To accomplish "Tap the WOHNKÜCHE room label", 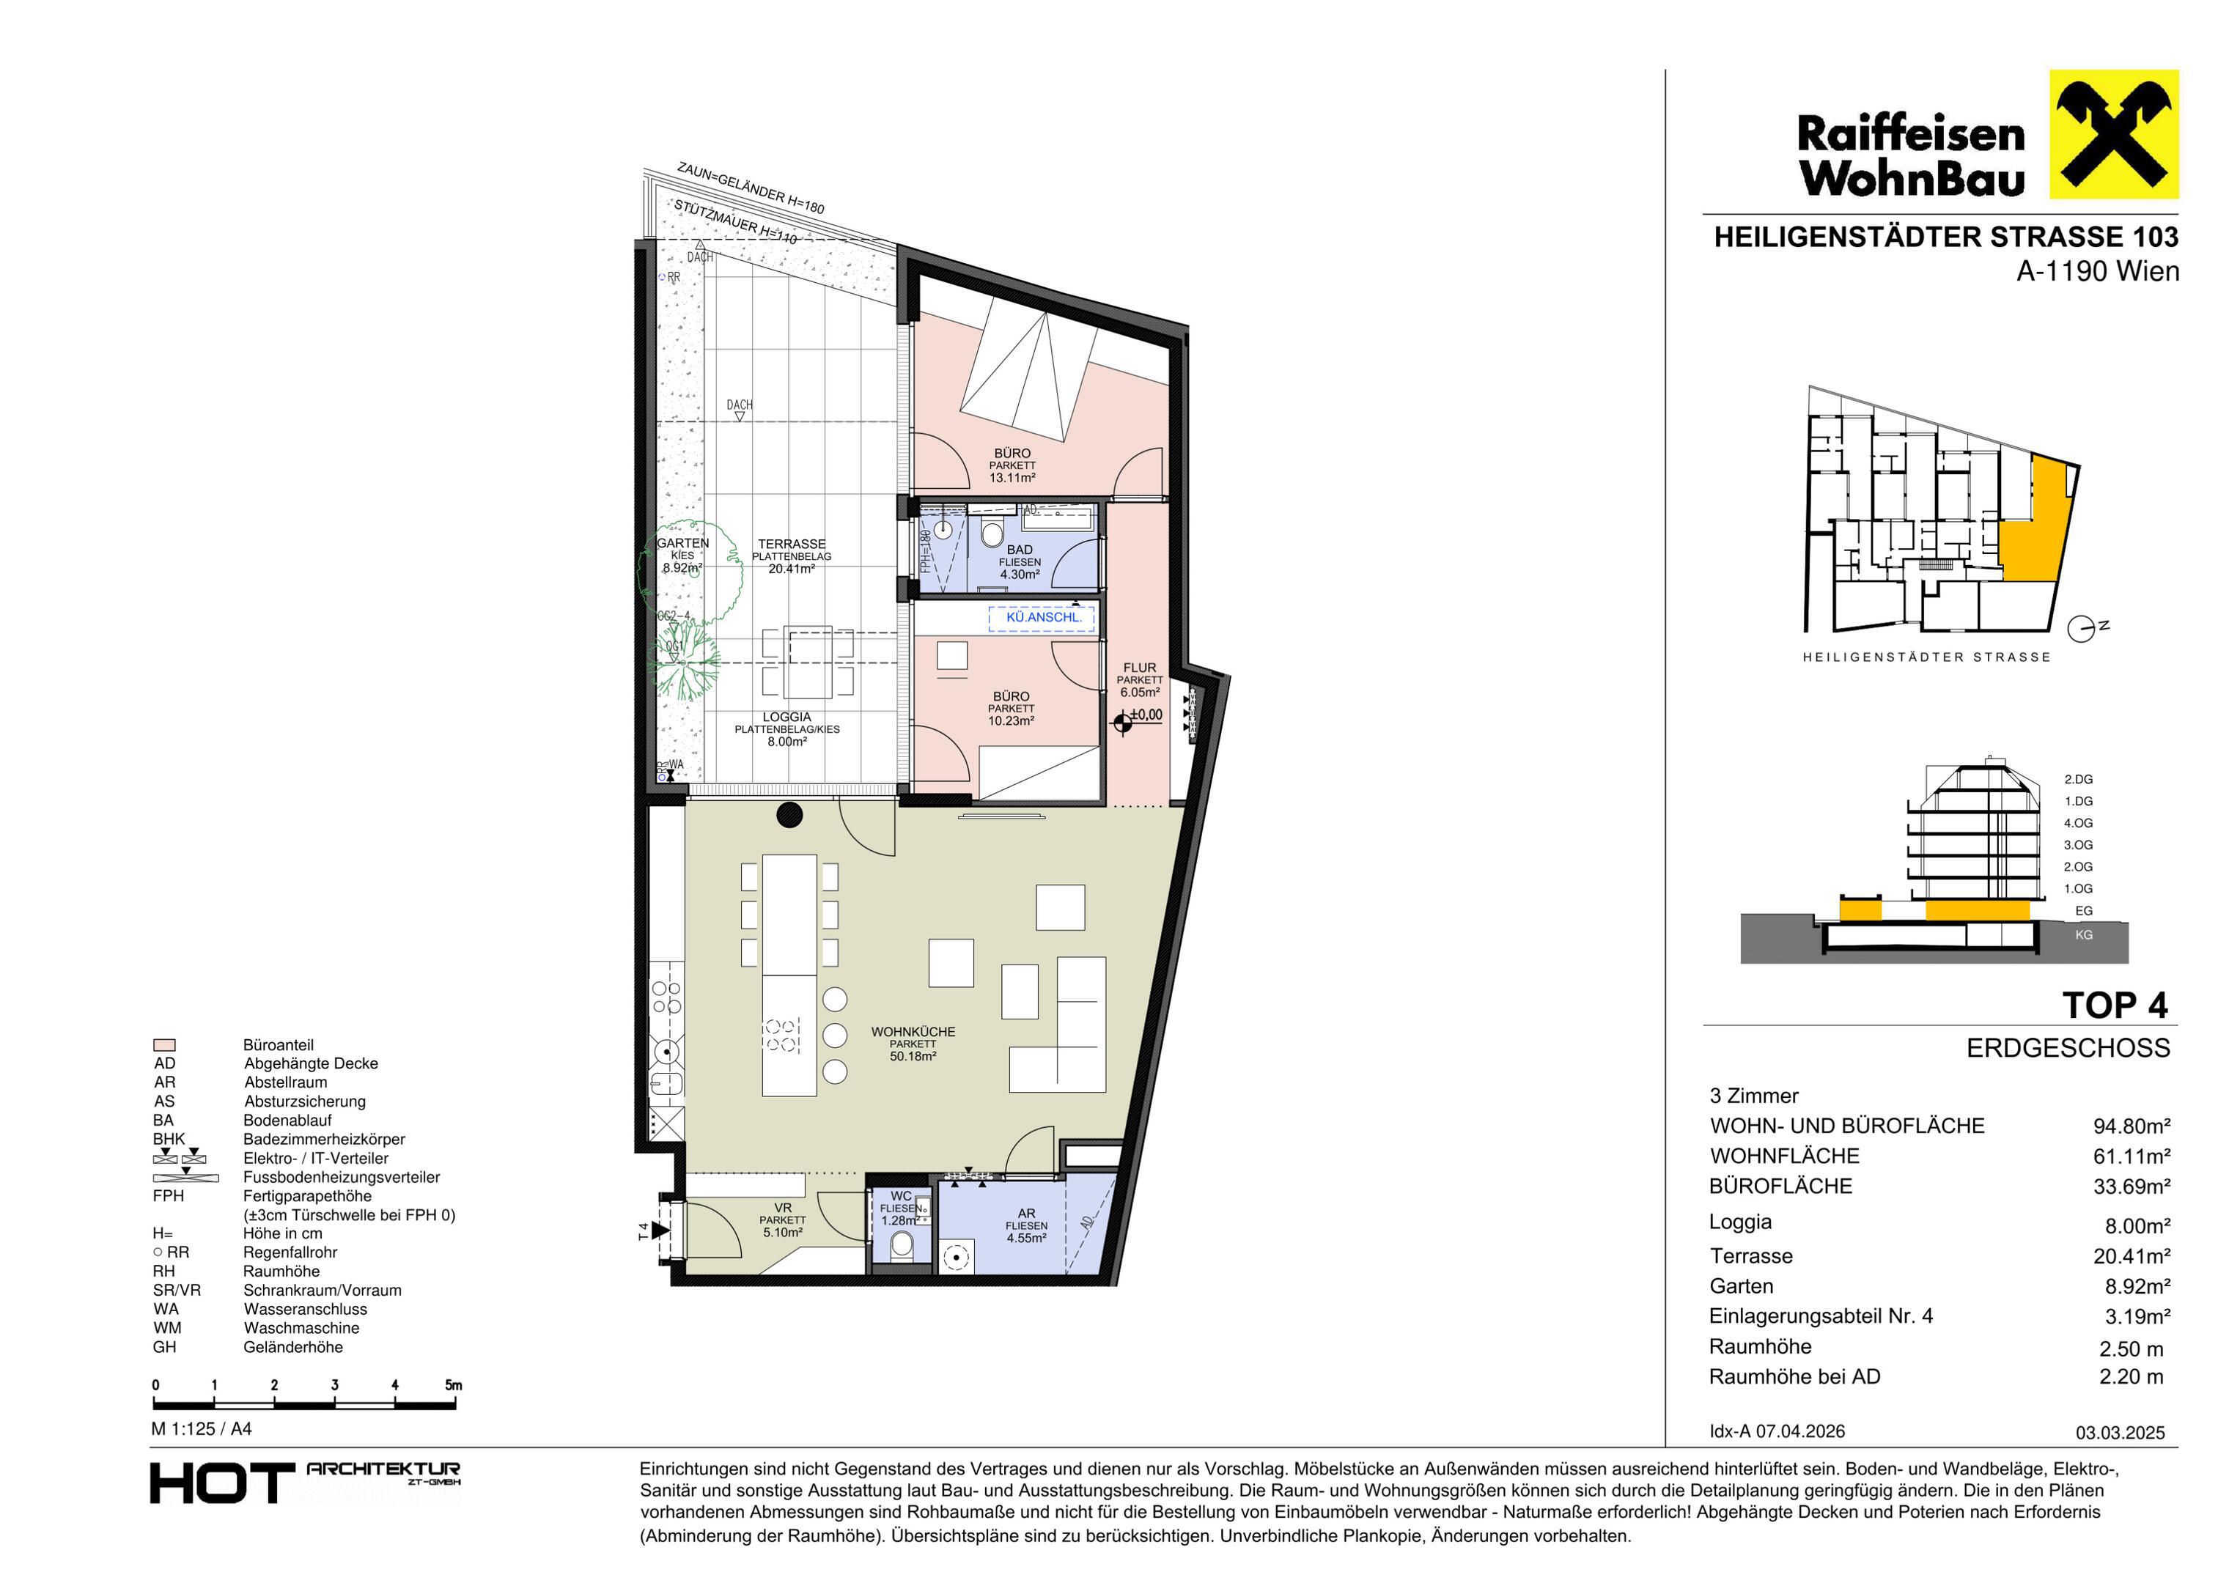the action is click(x=913, y=1032).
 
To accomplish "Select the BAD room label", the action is click(x=1020, y=550).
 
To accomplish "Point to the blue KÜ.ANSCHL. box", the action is click(x=1042, y=617).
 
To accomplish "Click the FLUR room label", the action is click(x=1140, y=668).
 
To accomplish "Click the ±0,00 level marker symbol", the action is click(x=1123, y=722).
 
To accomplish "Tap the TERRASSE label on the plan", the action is click(x=792, y=545).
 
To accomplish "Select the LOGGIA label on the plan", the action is click(x=787, y=717).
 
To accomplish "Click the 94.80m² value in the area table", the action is click(x=2132, y=1126).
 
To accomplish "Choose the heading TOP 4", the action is click(x=2115, y=1005).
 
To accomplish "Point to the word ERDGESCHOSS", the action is click(x=2068, y=1049).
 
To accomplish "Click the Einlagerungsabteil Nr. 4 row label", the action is click(x=1821, y=1317).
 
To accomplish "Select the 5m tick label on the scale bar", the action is click(x=454, y=1385).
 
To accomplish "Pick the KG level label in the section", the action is click(x=2084, y=934).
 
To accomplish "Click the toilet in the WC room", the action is click(x=902, y=1244).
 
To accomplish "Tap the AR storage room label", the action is click(x=1028, y=1214).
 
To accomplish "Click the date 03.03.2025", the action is click(x=2120, y=1433).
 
